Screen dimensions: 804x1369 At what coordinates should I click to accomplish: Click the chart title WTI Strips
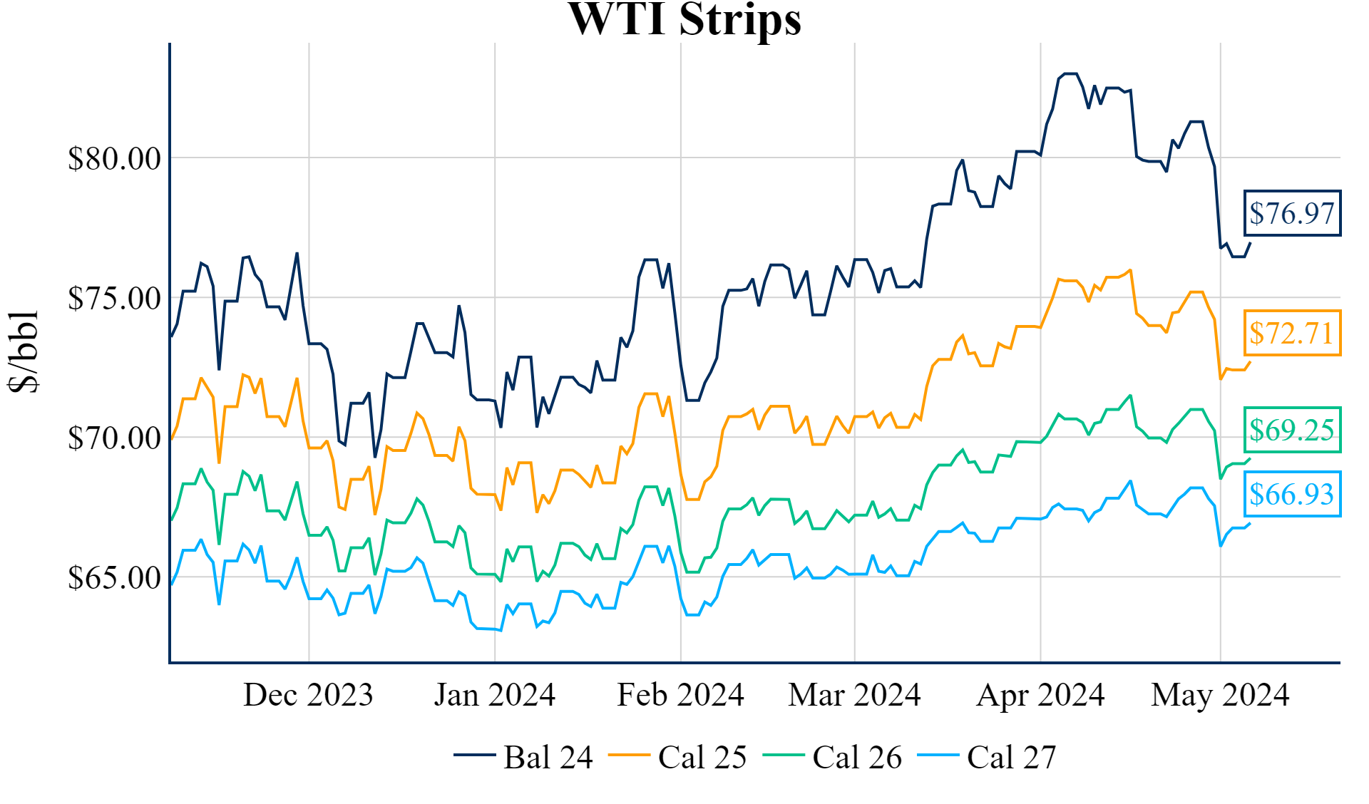pyautogui.click(x=684, y=19)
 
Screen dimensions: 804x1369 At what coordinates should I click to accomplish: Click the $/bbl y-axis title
pyautogui.click(x=23, y=351)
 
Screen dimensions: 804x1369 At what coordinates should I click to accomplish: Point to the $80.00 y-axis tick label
pyautogui.click(x=114, y=158)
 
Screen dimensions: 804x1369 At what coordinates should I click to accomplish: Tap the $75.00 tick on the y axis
pyautogui.click(x=114, y=298)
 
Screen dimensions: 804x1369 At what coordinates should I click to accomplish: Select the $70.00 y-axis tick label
pyautogui.click(x=114, y=438)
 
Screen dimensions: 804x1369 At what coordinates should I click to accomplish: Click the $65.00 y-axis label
pyautogui.click(x=114, y=577)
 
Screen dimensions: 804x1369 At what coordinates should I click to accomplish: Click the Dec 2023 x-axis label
pyautogui.click(x=308, y=695)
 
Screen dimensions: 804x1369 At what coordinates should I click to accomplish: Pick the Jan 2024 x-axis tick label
pyautogui.click(x=495, y=695)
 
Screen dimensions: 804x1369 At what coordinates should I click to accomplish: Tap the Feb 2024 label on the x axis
pyautogui.click(x=680, y=695)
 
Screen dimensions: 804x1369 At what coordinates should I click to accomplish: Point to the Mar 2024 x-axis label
pyautogui.click(x=854, y=695)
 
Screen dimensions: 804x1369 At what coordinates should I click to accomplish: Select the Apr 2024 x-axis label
pyautogui.click(x=1040, y=695)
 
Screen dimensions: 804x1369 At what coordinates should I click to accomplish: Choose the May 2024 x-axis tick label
pyautogui.click(x=1220, y=695)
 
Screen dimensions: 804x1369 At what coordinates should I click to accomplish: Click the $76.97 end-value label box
pyautogui.click(x=1292, y=213)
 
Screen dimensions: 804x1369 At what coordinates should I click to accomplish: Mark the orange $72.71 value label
pyautogui.click(x=1292, y=333)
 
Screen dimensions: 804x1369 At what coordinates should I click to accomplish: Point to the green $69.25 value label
pyautogui.click(x=1292, y=430)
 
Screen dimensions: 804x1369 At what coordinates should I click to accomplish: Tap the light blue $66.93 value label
pyautogui.click(x=1292, y=494)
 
